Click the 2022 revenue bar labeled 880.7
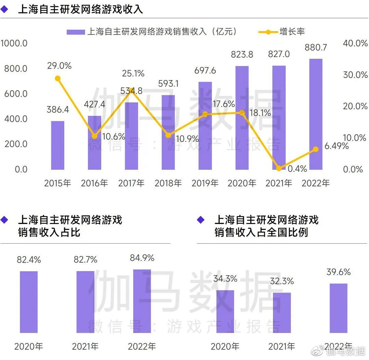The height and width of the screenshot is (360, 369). pyautogui.click(x=315, y=114)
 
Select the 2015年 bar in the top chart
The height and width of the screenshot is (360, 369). pyautogui.click(x=58, y=145)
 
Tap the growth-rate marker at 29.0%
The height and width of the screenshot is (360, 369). pyautogui.click(x=58, y=79)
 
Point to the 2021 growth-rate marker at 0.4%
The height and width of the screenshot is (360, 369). pyautogui.click(x=279, y=168)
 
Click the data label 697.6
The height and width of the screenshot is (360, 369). pyautogui.click(x=205, y=70)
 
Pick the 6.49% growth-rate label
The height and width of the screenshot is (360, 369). pyautogui.click(x=336, y=146)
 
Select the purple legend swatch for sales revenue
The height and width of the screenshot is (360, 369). pyautogui.click(x=76, y=32)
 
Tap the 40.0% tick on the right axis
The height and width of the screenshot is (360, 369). pyautogui.click(x=355, y=43)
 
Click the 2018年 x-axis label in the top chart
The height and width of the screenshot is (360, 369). pyautogui.click(x=168, y=183)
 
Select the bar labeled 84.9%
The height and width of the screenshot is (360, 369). pyautogui.click(x=142, y=301)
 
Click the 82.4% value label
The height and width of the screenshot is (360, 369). pyautogui.click(x=29, y=260)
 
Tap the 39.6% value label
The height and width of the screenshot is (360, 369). pyautogui.click(x=338, y=272)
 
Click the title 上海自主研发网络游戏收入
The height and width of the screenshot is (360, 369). pyautogui.click(x=80, y=9)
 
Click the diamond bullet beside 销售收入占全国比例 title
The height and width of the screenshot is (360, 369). pyautogui.click(x=201, y=220)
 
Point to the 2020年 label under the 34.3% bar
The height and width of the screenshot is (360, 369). pyautogui.click(x=225, y=346)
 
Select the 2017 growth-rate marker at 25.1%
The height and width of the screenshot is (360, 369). pyautogui.click(x=132, y=89)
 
